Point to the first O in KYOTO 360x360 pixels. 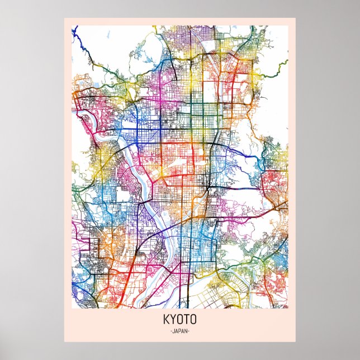coord(180,321)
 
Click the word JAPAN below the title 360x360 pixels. coord(180,331)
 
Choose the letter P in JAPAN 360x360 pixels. coord(180,331)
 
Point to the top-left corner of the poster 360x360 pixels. coord(64,18)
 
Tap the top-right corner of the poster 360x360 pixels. coord(296,18)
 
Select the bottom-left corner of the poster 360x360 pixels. coord(64,342)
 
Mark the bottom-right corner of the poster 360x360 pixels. coord(296,342)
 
